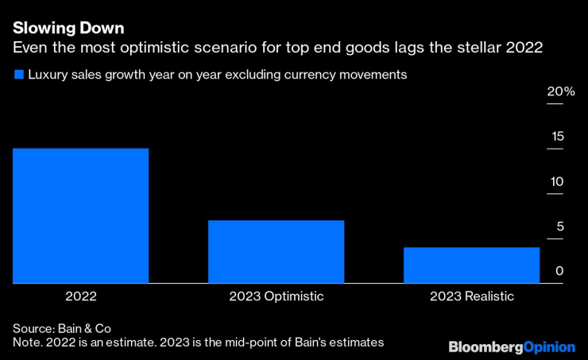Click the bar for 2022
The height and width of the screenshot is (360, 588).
(x=80, y=215)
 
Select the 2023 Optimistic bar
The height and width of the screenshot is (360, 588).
(x=276, y=251)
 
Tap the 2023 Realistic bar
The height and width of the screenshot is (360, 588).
(x=472, y=265)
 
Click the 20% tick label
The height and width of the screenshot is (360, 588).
(x=560, y=91)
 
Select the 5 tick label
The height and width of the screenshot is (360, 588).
(x=559, y=226)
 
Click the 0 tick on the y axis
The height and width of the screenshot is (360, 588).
(x=559, y=271)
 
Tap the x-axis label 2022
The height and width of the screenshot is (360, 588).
(x=80, y=296)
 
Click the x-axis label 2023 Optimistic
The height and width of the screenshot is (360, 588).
(x=276, y=296)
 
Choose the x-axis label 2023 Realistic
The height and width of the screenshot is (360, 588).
(x=472, y=296)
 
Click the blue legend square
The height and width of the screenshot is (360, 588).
(x=17, y=75)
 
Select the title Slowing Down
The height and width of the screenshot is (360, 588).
(x=68, y=29)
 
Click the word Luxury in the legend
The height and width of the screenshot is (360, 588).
(x=48, y=75)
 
